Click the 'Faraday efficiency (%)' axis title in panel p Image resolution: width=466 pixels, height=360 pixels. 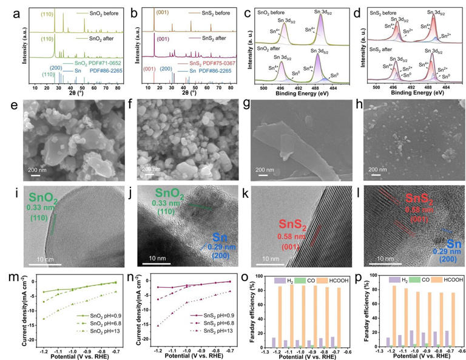click(358, 311)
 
